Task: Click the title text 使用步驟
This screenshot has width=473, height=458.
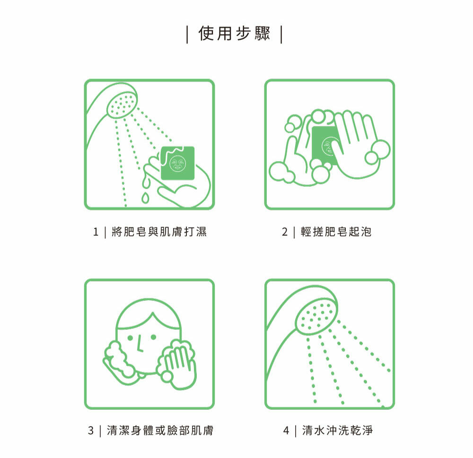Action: (x=234, y=33)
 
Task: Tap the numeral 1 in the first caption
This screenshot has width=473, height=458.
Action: (x=96, y=232)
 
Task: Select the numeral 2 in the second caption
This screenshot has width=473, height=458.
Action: (x=285, y=232)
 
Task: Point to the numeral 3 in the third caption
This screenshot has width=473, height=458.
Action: (x=91, y=430)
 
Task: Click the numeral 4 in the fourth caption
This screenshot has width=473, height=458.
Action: (x=286, y=430)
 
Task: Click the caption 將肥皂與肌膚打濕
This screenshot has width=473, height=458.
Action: (x=159, y=232)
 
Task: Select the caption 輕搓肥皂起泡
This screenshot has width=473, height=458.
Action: (x=336, y=232)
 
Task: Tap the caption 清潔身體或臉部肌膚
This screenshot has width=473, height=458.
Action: (x=160, y=430)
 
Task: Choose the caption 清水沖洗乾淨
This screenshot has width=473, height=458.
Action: (x=337, y=430)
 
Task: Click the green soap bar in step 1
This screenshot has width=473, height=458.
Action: (x=178, y=163)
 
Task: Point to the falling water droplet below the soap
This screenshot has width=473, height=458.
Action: (x=145, y=198)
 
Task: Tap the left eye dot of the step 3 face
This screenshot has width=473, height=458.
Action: (x=131, y=337)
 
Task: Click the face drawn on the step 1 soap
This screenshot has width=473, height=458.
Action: (x=178, y=163)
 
